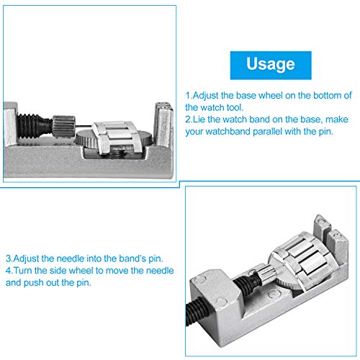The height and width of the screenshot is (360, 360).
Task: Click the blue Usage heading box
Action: click(x=271, y=64)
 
